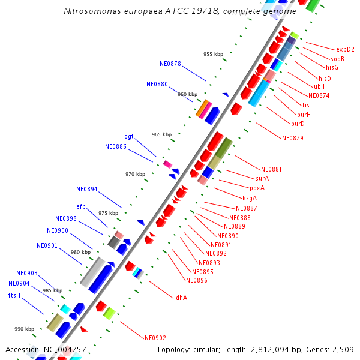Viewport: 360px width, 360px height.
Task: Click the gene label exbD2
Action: [345, 50]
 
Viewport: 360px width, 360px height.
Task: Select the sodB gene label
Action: [337, 59]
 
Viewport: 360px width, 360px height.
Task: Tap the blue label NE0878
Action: [170, 64]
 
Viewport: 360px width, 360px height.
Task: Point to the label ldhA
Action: [181, 298]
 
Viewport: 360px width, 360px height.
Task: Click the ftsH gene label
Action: [14, 295]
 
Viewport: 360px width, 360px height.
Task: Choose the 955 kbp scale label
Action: [213, 54]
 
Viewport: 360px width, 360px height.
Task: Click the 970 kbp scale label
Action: [135, 174]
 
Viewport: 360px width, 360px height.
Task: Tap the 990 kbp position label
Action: [25, 329]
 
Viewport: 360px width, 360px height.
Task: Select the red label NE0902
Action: [155, 338]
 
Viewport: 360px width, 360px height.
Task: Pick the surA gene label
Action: [262, 179]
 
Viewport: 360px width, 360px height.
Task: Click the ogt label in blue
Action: [129, 137]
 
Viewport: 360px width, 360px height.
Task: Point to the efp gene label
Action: [81, 207]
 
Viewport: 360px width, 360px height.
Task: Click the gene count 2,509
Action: [342, 349]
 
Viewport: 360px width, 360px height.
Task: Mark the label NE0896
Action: [197, 280]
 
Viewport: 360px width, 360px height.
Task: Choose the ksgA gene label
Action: [250, 198]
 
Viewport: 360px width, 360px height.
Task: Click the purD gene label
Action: [298, 124]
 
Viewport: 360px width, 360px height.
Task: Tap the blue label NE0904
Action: [19, 283]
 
